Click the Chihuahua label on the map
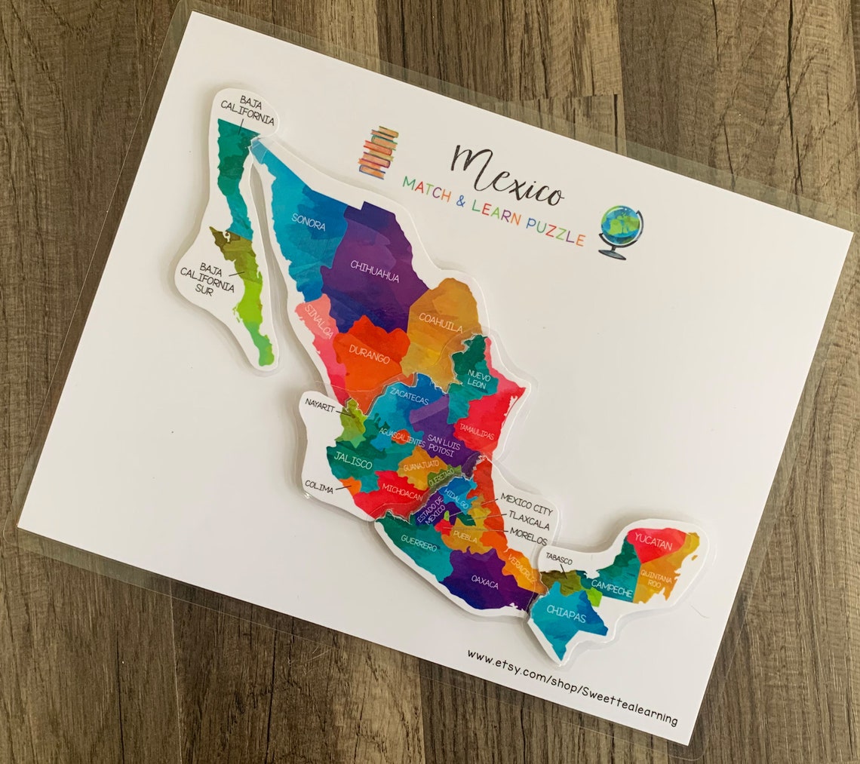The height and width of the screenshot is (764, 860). [374, 271]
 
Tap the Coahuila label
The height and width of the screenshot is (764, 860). [441, 324]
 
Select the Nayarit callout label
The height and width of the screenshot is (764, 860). [321, 403]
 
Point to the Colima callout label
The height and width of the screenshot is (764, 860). [319, 489]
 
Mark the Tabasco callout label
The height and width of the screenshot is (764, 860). [559, 561]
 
